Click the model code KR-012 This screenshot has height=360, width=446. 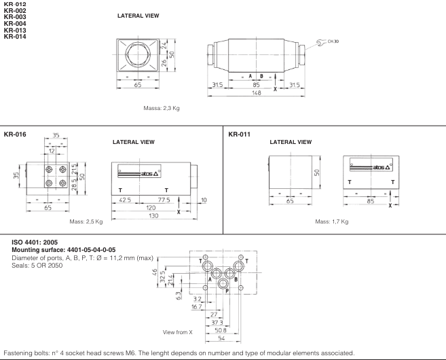(16, 5)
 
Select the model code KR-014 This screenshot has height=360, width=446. (16, 36)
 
